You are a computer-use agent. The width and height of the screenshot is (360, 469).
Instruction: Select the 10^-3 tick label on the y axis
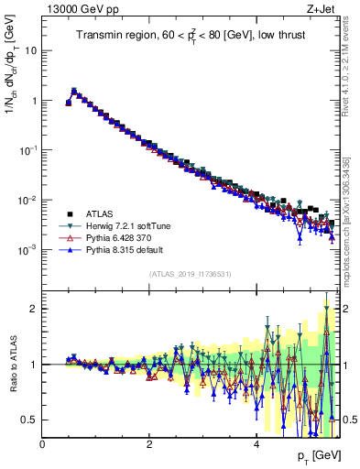(x=29, y=249)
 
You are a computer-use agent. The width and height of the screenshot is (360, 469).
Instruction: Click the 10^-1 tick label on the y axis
(x=29, y=150)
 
